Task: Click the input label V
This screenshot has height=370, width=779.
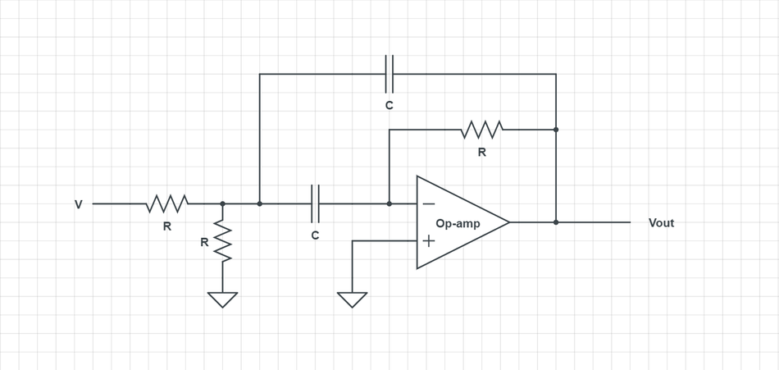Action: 79,204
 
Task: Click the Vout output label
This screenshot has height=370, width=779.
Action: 661,223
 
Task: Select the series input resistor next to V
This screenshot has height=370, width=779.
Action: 167,203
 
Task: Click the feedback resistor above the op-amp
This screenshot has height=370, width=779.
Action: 481,130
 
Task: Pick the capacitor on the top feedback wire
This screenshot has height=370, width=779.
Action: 389,75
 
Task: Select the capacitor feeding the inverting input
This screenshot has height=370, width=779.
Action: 315,203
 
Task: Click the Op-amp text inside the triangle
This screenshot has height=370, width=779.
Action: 458,223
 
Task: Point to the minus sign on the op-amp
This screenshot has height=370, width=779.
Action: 428,203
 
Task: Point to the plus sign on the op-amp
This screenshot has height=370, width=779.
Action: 428,241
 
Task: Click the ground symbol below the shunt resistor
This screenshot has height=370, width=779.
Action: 222,299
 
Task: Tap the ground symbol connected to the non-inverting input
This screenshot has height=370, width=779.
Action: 352,299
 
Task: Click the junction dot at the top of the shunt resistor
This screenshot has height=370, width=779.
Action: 222,203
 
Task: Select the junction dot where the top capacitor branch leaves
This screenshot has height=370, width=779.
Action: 260,203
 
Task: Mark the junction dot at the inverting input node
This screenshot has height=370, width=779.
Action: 389,203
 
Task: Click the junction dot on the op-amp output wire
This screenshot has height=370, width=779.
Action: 556,222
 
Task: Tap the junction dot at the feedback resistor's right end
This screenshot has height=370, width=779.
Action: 556,130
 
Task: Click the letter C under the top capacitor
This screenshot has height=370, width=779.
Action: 389,106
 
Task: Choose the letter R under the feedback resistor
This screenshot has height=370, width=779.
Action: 481,153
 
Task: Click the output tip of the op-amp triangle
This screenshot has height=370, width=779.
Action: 508,222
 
